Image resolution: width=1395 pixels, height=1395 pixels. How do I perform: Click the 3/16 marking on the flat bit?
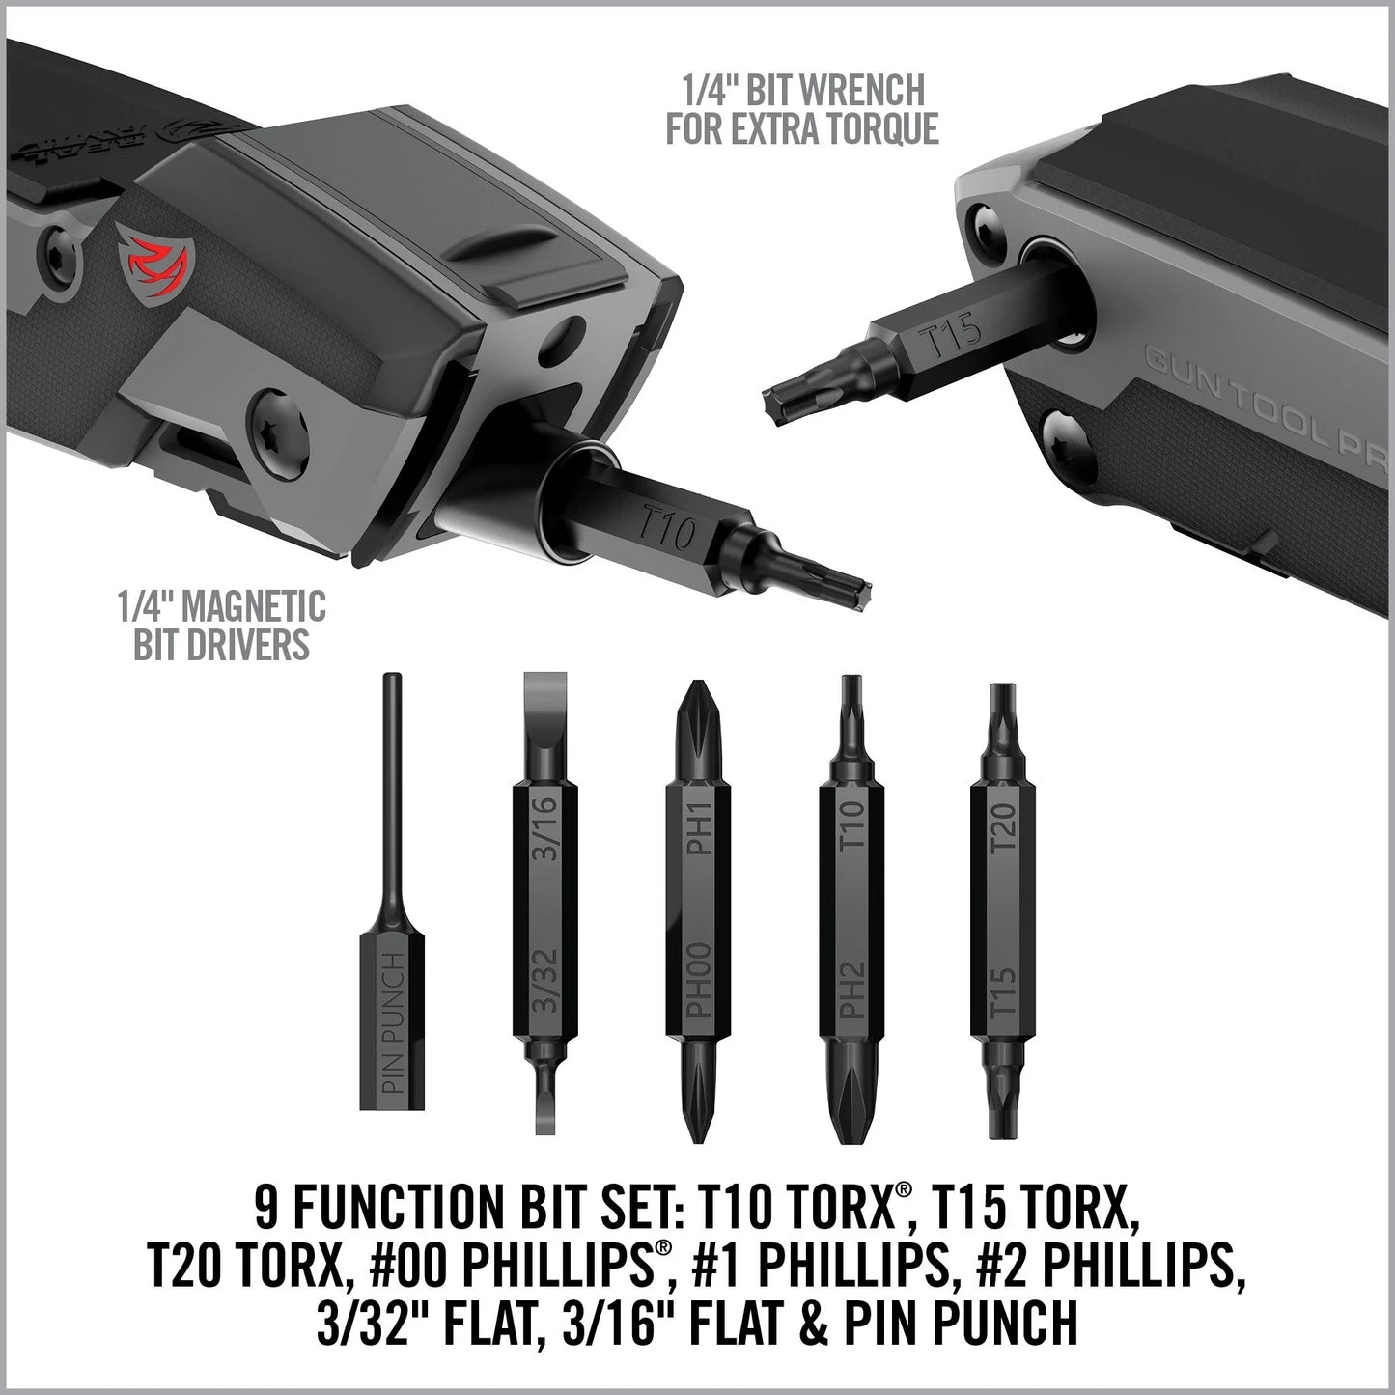[544, 836]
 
